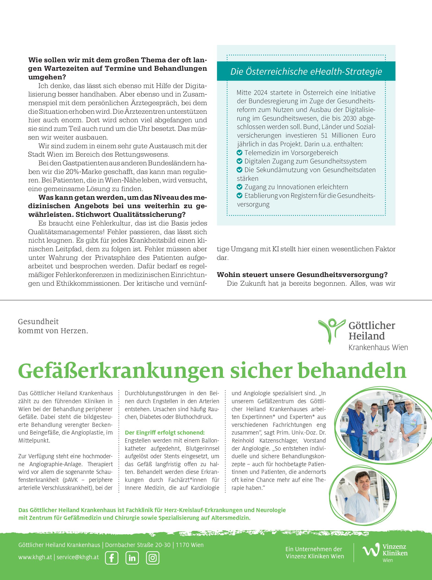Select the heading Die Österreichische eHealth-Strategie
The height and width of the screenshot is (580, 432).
click(x=306, y=71)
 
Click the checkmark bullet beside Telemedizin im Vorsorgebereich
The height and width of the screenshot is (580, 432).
click(x=239, y=153)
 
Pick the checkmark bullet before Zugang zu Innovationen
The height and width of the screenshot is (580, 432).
click(x=239, y=187)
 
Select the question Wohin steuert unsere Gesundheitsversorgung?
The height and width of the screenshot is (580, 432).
click(x=302, y=275)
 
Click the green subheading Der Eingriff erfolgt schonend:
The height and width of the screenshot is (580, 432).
click(x=165, y=432)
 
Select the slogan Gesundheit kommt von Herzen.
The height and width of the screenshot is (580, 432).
click(x=53, y=326)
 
